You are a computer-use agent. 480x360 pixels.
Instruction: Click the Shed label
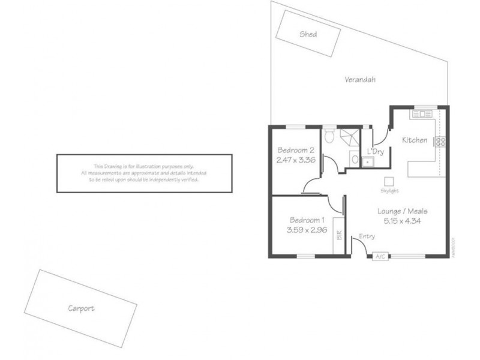pyautogui.click(x=308, y=35)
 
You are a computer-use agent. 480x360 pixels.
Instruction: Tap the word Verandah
pyautogui.click(x=360, y=79)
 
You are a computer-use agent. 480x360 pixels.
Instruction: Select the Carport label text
pyautogui.click(x=81, y=308)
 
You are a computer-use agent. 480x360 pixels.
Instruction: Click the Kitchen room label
pyautogui.click(x=415, y=140)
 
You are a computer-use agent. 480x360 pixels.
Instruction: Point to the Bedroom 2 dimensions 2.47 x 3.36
pyautogui.click(x=296, y=160)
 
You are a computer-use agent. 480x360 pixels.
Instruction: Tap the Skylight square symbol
pyautogui.click(x=389, y=181)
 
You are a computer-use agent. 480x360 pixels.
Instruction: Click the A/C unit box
pyautogui.click(x=380, y=257)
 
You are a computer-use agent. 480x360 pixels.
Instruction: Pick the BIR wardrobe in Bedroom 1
pyautogui.click(x=339, y=233)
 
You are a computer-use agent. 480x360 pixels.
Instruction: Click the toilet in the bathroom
pyautogui.click(x=328, y=136)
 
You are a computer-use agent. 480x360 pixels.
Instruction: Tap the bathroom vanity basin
pyautogui.click(x=355, y=160)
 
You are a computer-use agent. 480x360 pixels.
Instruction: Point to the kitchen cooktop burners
pyautogui.click(x=441, y=142)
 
